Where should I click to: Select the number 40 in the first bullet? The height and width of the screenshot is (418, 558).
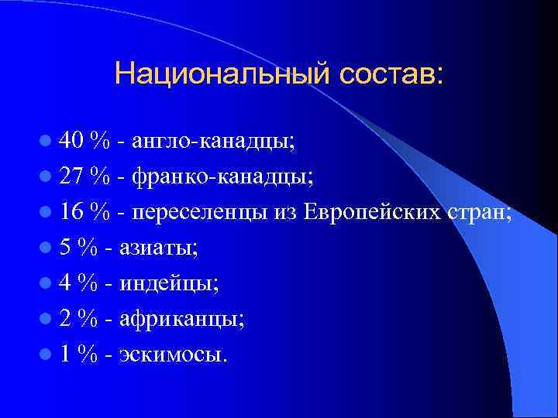71,141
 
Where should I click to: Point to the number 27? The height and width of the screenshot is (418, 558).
71,176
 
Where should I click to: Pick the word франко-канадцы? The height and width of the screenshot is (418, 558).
223,177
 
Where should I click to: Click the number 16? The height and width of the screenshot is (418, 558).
71,212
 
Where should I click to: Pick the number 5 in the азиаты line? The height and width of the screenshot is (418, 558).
66,248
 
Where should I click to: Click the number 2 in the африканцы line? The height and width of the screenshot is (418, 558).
66,319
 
